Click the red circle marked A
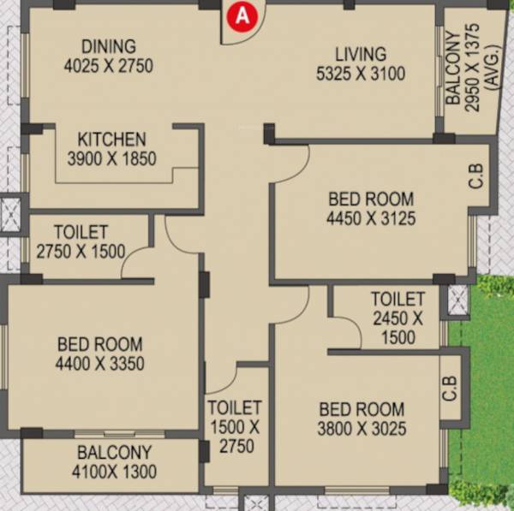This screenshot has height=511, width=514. point(243,15)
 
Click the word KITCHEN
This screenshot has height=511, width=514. point(111,139)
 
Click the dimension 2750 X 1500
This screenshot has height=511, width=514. point(81,251)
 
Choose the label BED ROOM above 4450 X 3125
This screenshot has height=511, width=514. point(371,199)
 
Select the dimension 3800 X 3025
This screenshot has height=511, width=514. point(362,429)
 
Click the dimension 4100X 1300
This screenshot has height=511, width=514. point(114,472)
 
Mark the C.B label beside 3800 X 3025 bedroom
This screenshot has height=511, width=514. point(451,389)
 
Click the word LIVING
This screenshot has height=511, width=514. point(360,55)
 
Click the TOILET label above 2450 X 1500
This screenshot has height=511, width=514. point(397,300)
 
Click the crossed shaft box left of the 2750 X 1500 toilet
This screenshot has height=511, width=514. point(10,214)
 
